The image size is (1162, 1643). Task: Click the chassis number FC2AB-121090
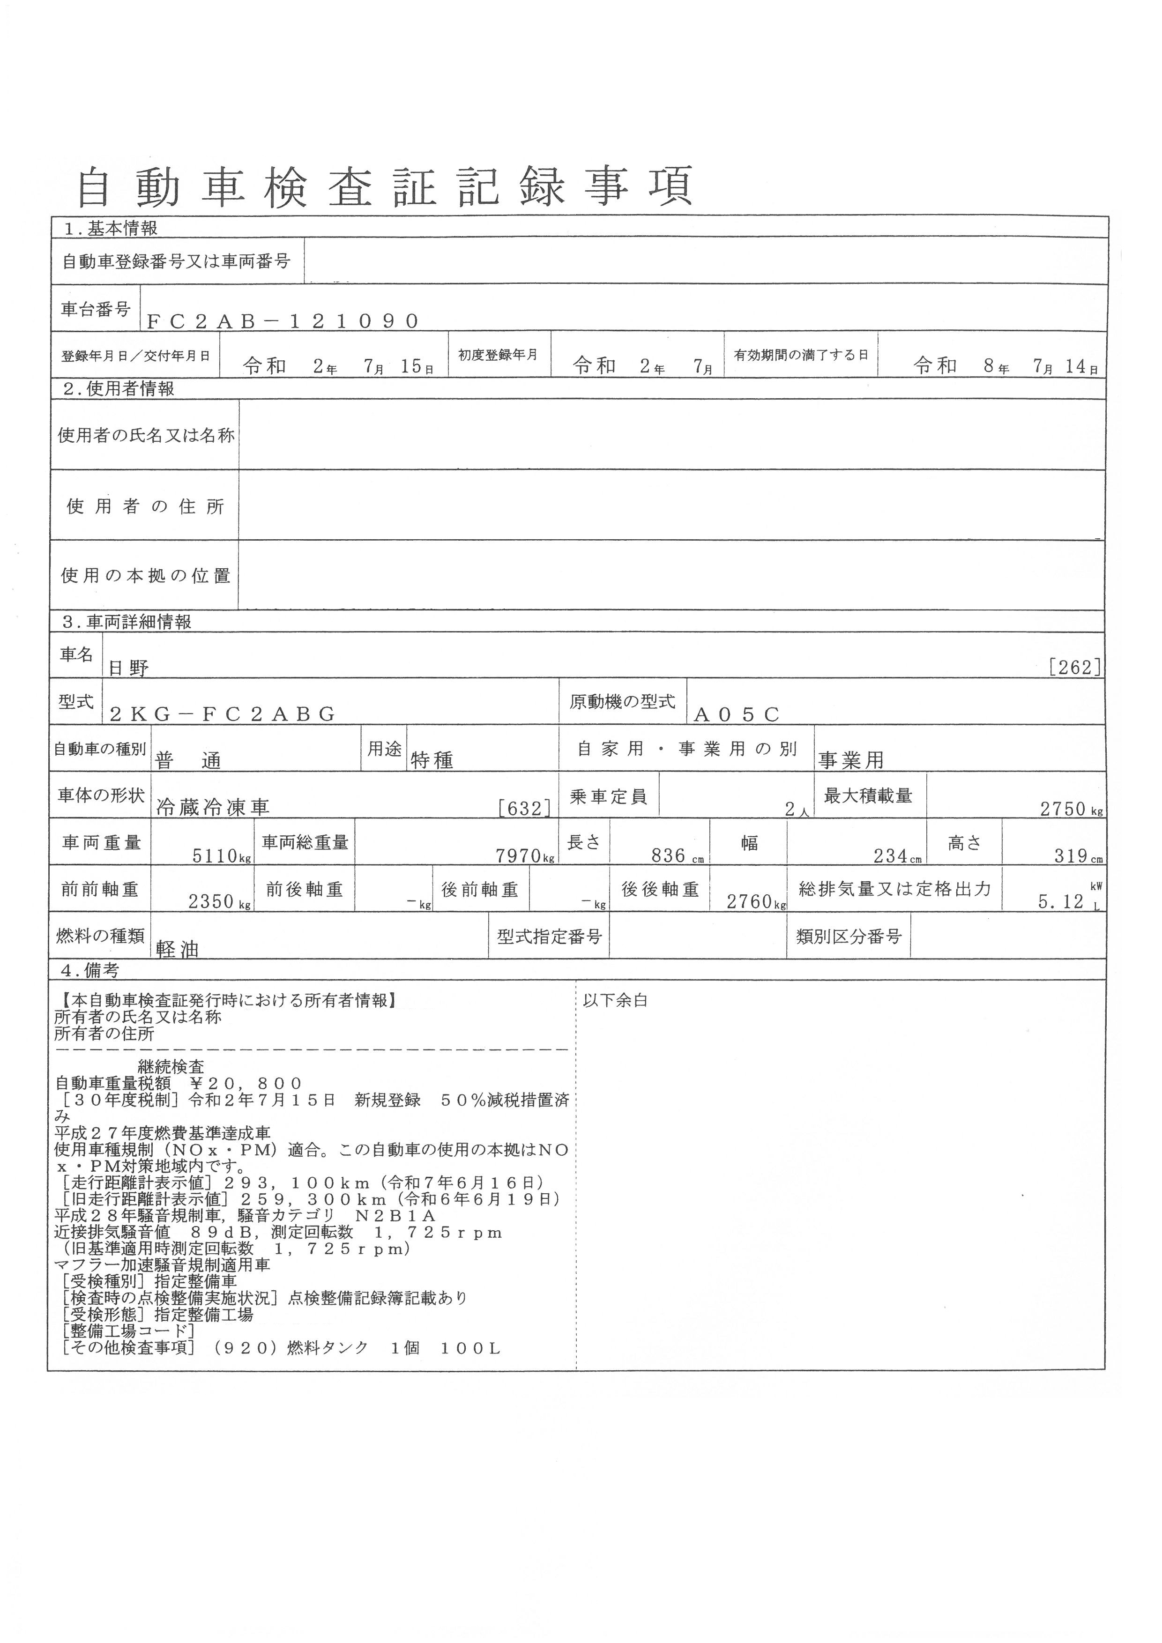pyautogui.click(x=282, y=321)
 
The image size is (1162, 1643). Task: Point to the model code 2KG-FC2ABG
pyautogui.click(x=223, y=714)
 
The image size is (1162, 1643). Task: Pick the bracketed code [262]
pyautogui.click(x=1074, y=668)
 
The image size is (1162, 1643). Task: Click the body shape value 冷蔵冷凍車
pyautogui.click(x=213, y=807)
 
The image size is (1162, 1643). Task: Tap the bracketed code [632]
pyautogui.click(x=524, y=808)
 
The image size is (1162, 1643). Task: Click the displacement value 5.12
pyautogui.click(x=1061, y=902)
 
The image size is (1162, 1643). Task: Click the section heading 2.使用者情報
pyautogui.click(x=118, y=389)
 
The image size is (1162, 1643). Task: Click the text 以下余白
pyautogui.click(x=615, y=1000)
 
